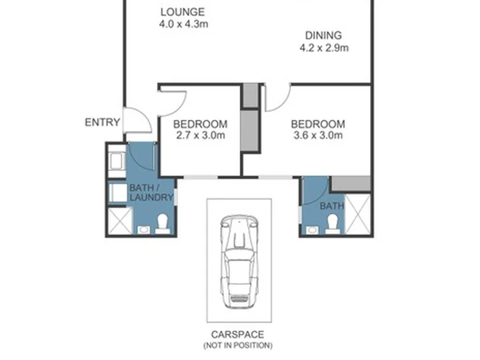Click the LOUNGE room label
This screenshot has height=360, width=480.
tap(183, 12)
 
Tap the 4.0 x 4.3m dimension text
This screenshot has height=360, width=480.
tap(184, 24)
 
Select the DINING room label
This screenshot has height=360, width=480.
tap(323, 35)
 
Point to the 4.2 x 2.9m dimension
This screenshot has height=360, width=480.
tap(324, 48)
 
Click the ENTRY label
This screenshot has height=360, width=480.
tap(102, 123)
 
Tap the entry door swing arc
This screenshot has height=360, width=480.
tap(147, 116)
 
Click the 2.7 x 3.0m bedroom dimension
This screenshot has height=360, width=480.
tap(201, 135)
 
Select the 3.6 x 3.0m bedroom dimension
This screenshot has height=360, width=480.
tap(318, 135)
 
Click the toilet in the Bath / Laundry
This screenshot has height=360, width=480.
tap(162, 223)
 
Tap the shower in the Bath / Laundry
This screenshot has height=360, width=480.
tap(120, 221)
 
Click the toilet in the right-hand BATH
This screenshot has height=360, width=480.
tap(333, 223)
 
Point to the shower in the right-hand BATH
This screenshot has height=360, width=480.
tap(357, 214)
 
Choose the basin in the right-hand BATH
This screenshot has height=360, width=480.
tap(312, 229)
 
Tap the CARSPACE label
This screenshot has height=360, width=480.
tap(237, 335)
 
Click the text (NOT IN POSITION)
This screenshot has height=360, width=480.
tap(238, 345)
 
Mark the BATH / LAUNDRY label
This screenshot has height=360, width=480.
tap(151, 193)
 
